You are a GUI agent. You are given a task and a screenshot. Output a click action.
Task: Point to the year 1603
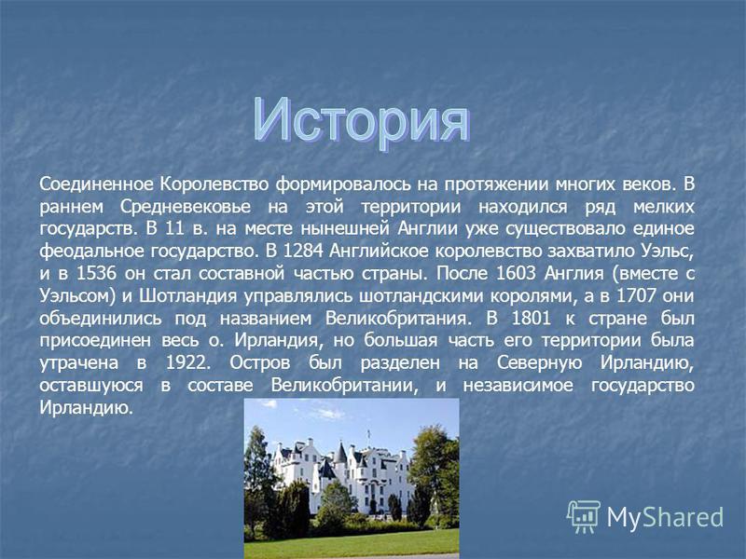pos(516,273)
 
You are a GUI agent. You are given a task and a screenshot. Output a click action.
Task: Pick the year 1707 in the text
pos(637,295)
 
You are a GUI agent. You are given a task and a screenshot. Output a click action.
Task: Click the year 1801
pos(531,318)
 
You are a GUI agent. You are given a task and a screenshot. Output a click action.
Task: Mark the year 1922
pos(187,362)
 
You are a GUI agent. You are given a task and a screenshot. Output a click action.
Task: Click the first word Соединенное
pos(97,184)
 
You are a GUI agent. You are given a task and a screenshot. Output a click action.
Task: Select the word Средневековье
pos(185,207)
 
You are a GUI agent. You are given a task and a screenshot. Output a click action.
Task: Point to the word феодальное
pos(91,251)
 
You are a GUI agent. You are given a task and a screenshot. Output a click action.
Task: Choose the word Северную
pos(540,363)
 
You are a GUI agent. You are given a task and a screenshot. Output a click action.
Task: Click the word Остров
pos(260,363)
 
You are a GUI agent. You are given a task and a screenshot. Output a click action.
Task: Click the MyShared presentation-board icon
pos(584,516)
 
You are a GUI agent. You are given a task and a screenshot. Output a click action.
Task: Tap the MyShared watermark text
pos(665,517)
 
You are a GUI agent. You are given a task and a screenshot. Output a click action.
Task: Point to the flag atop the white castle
pos(368,432)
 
